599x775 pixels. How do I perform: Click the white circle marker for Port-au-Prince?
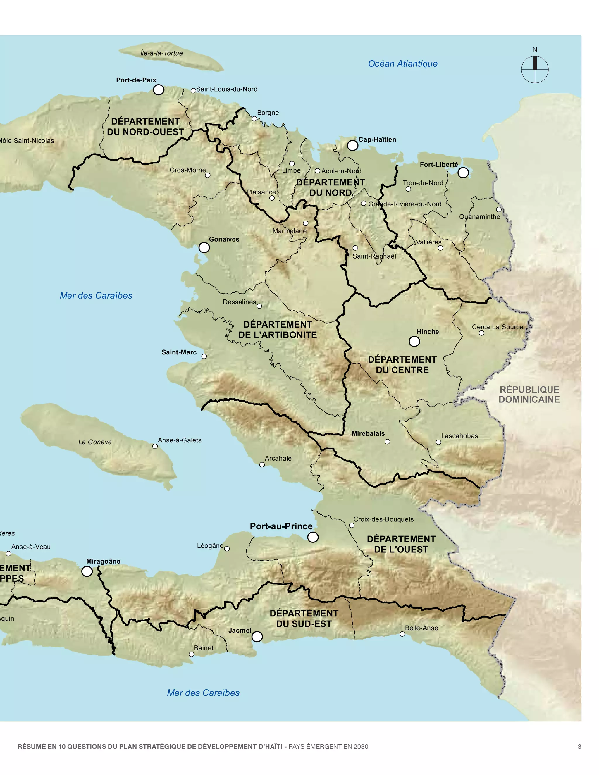point(313,537)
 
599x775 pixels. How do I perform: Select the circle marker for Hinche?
point(414,341)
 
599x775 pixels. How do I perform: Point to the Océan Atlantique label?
point(402,63)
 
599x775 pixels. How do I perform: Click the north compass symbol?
point(534,69)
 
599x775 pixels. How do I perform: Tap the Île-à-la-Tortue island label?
point(161,53)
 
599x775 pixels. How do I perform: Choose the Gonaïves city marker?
point(204,247)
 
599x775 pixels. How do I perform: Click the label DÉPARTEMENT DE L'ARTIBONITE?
point(278,330)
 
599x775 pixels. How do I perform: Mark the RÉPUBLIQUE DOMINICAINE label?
point(529,394)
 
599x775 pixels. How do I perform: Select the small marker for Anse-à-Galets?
point(155,446)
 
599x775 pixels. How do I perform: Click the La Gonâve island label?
point(95,442)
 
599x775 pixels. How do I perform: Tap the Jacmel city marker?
point(257,636)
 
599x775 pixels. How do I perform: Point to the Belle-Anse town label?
point(421,628)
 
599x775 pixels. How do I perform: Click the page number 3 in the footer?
point(579,747)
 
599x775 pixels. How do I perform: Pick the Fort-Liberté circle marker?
point(463,173)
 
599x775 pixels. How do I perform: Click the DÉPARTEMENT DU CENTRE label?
point(402,364)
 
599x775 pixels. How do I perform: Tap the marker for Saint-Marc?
point(204,356)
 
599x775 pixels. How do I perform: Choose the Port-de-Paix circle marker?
point(158,90)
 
